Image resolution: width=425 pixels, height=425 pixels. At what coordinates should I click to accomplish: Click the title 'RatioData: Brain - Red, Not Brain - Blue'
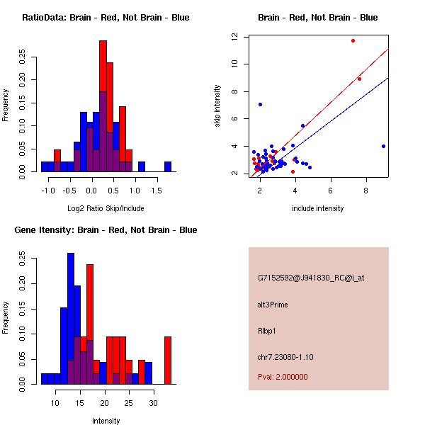[x=106, y=18]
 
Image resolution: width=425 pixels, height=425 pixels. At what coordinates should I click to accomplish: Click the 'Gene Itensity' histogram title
[x=106, y=230]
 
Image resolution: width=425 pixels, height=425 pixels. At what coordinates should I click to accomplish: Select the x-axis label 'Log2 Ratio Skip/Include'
[x=106, y=208]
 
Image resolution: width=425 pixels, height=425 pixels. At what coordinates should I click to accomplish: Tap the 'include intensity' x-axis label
[x=318, y=208]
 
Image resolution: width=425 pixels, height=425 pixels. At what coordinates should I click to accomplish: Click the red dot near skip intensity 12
[x=353, y=40]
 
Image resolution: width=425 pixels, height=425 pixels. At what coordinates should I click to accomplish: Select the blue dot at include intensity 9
[x=383, y=146]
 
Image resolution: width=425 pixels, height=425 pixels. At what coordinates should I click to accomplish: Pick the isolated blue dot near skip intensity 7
[x=260, y=104]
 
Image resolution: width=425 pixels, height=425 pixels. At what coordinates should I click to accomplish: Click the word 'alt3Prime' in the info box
[x=273, y=305]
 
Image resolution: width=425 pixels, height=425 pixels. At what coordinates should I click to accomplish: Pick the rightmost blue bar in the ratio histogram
[x=168, y=166]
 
